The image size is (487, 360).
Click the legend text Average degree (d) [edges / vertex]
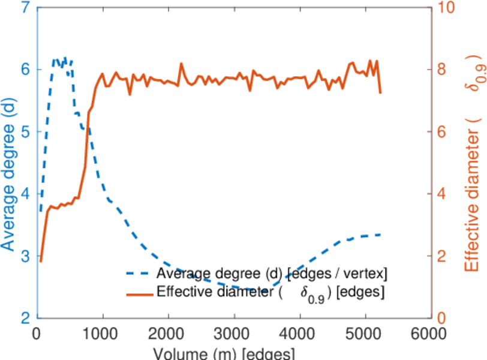[272, 274]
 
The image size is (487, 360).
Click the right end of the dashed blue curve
[381, 235]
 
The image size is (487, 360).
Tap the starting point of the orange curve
[41, 261]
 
